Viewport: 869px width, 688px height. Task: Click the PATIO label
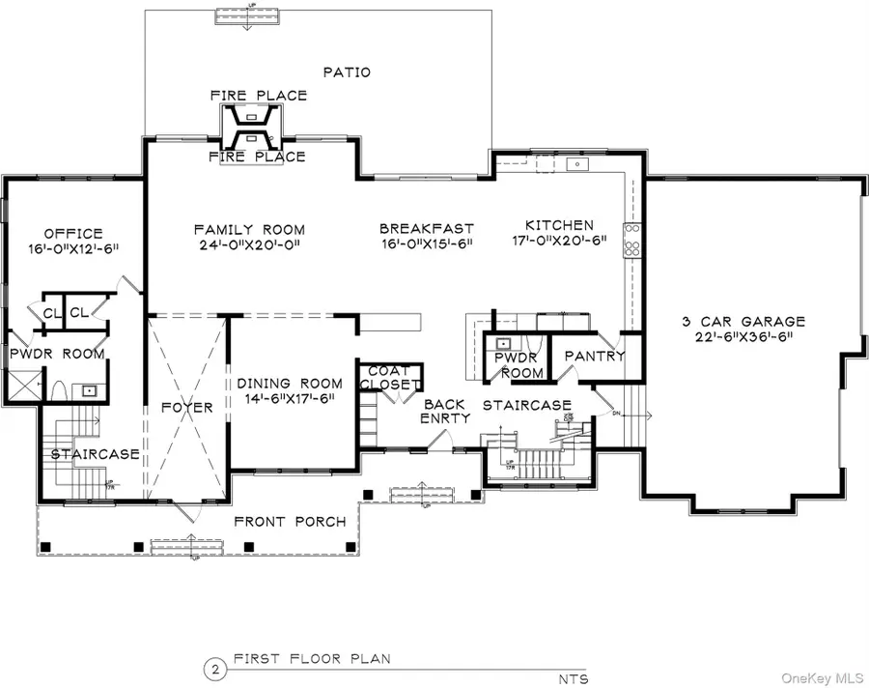pyautogui.click(x=347, y=72)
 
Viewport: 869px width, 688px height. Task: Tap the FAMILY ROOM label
pyautogui.click(x=249, y=230)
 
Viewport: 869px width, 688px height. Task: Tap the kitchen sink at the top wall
pyautogui.click(x=577, y=165)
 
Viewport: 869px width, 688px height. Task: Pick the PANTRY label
pyautogui.click(x=595, y=357)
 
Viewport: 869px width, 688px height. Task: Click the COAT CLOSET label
pyautogui.click(x=390, y=378)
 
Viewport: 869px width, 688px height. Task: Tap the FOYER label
pyautogui.click(x=187, y=408)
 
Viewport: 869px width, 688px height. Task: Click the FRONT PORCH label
pyautogui.click(x=290, y=522)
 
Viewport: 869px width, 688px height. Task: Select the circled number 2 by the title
pyautogui.click(x=210, y=669)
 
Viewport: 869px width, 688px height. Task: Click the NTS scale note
pyautogui.click(x=572, y=678)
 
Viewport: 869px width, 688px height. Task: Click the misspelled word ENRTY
pyautogui.click(x=445, y=418)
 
